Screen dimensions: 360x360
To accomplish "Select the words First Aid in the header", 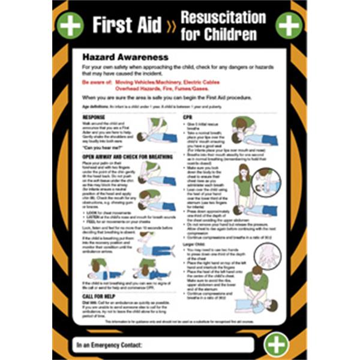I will (x=127, y=25).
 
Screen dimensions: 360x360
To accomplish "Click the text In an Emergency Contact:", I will (x=110, y=345).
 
